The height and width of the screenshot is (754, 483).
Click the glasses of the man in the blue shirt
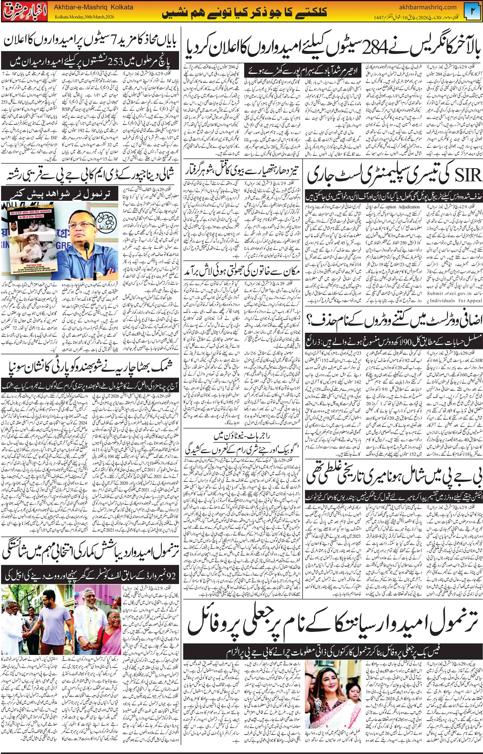[79, 221]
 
